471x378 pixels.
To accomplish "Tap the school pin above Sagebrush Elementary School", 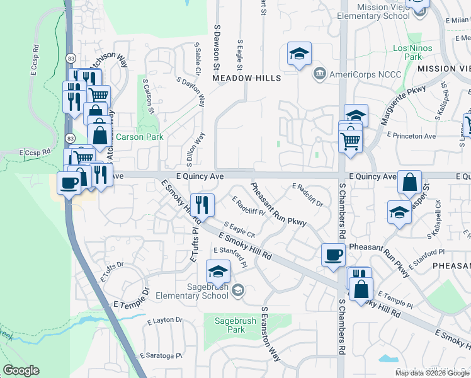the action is coord(218,272).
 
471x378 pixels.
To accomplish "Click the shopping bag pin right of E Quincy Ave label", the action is coord(409,182).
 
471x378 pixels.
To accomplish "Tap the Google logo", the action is coord(21,370).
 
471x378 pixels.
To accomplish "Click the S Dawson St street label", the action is coord(217,47).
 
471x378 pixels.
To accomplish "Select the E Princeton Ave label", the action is coord(411,135).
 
